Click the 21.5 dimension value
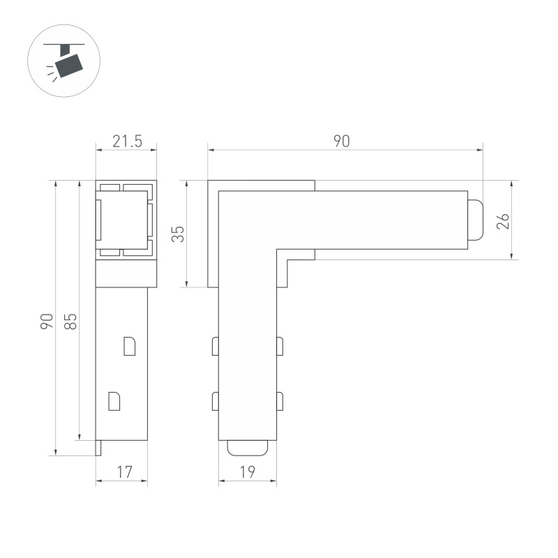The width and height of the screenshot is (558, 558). pyautogui.click(x=127, y=142)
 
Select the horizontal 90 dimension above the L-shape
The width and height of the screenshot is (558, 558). pyautogui.click(x=341, y=141)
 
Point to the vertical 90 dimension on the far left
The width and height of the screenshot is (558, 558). pyautogui.click(x=47, y=322)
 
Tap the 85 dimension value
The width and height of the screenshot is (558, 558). pyautogui.click(x=70, y=322)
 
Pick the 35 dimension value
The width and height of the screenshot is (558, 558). pyautogui.click(x=179, y=234)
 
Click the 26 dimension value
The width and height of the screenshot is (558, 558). pyautogui.click(x=504, y=221)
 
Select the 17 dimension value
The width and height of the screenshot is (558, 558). pyautogui.click(x=124, y=472)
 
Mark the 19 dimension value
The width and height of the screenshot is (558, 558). pyautogui.click(x=247, y=472)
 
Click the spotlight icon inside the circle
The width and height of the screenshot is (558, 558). pyautogui.click(x=67, y=61)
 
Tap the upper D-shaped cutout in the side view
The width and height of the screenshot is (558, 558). pyautogui.click(x=129, y=346)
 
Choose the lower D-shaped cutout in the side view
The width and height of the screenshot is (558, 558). pyautogui.click(x=114, y=401)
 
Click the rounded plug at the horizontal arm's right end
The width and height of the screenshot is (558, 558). pyautogui.click(x=475, y=220)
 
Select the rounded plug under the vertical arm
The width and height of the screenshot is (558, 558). pyautogui.click(x=248, y=447)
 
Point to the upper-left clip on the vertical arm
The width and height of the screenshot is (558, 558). pyautogui.click(x=216, y=346)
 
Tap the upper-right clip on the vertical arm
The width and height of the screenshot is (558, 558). pyautogui.click(x=280, y=346)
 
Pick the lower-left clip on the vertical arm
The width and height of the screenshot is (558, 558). pyautogui.click(x=216, y=401)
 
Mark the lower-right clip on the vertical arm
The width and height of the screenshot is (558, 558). pyautogui.click(x=280, y=401)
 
